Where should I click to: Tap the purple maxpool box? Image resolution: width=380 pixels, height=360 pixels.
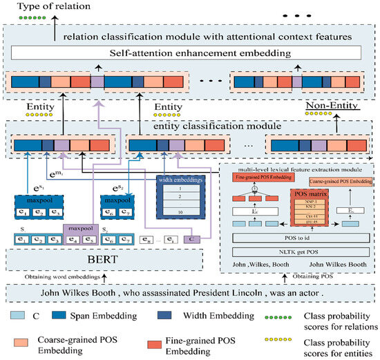[82, 227]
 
